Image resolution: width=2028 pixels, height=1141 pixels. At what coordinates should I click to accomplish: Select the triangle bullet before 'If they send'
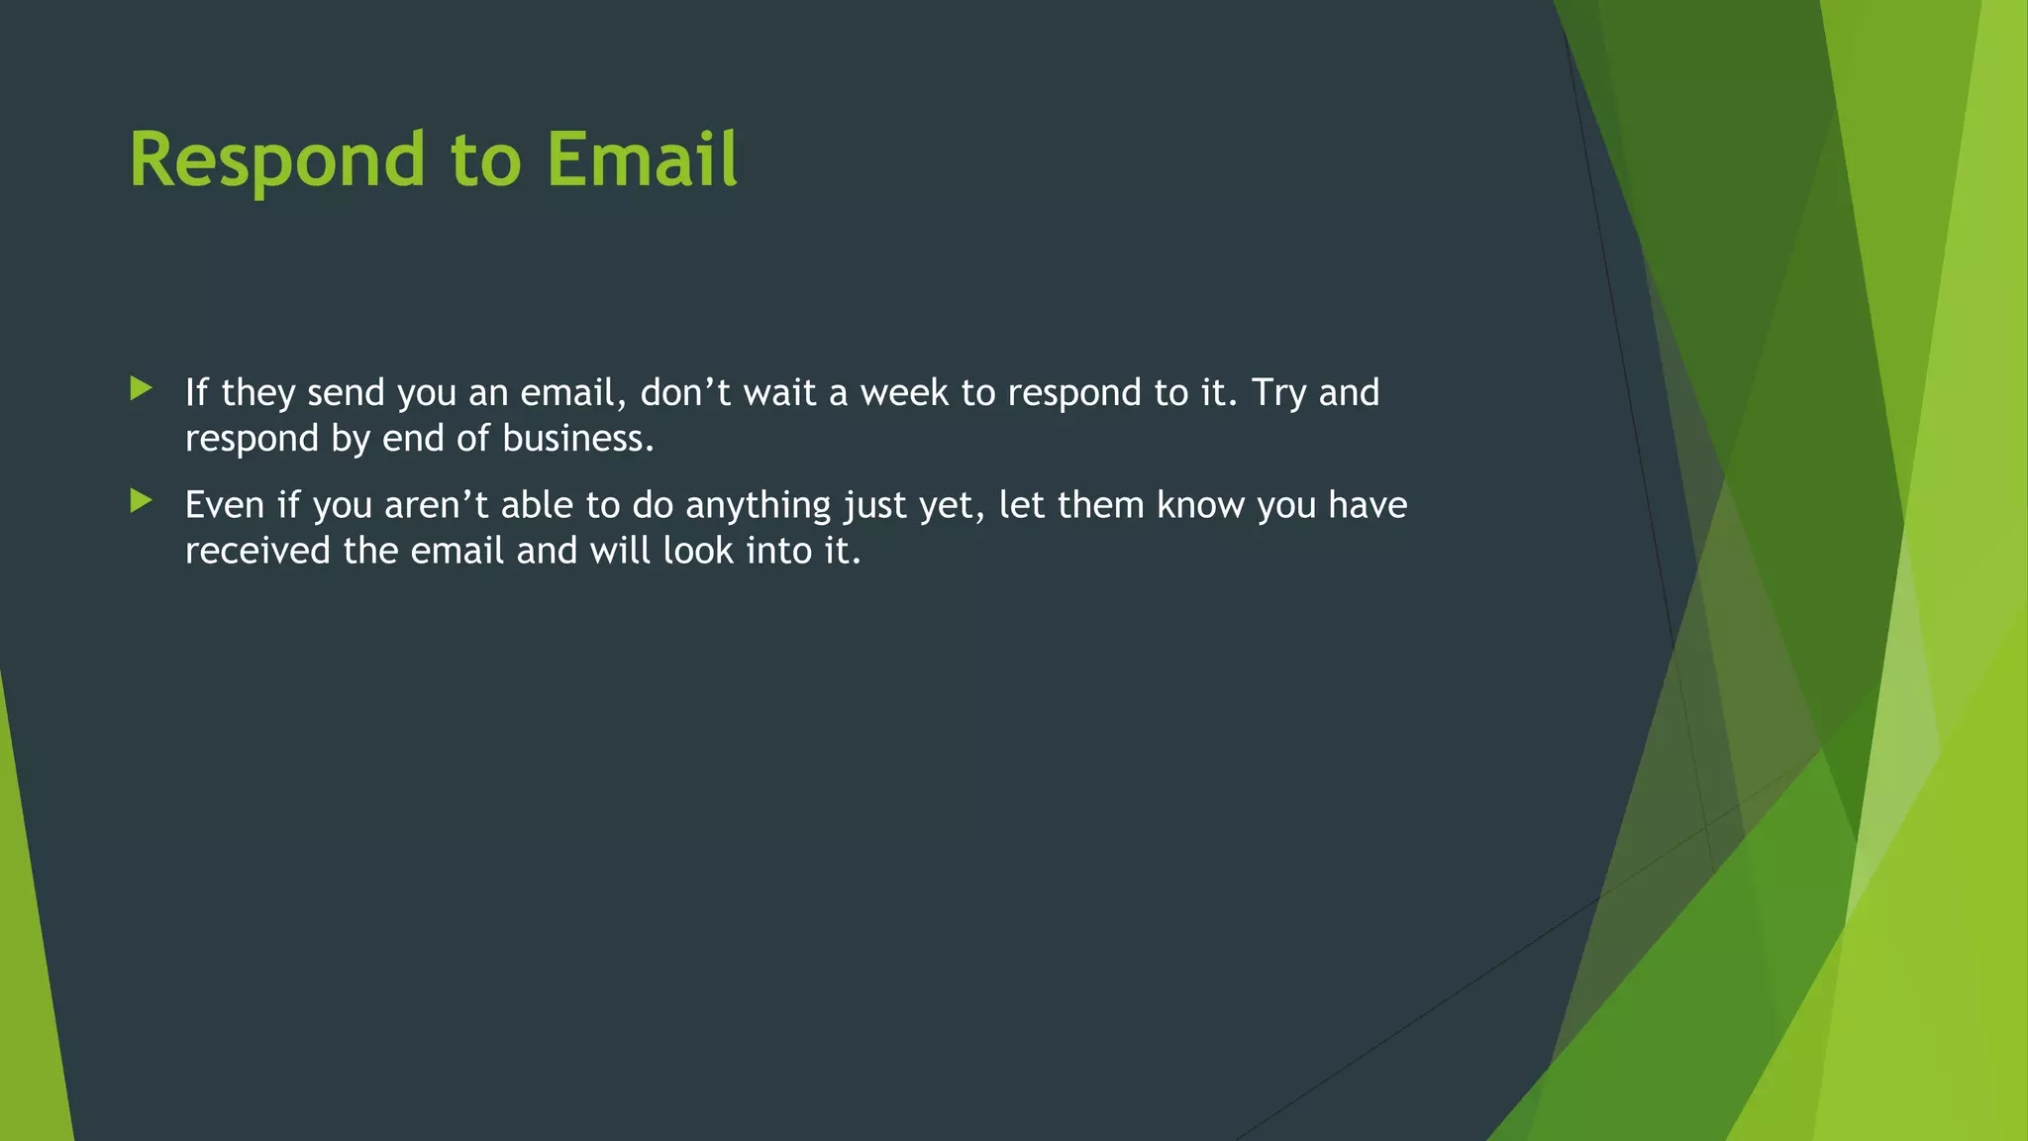(x=141, y=388)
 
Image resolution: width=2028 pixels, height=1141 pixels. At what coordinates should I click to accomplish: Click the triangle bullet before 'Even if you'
(x=141, y=501)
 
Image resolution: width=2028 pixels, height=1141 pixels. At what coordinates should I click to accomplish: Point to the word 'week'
(x=904, y=393)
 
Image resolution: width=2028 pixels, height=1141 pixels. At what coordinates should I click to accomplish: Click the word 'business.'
(x=578, y=439)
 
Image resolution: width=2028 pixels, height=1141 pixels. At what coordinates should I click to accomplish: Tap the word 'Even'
(x=225, y=505)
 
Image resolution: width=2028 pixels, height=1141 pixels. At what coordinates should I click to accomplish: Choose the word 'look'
(x=697, y=551)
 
